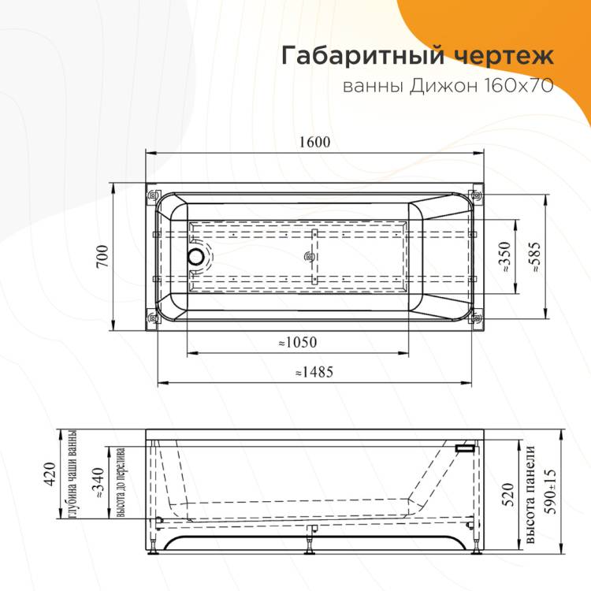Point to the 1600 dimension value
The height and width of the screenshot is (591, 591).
pyautogui.click(x=314, y=142)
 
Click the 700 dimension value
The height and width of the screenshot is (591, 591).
pyautogui.click(x=102, y=256)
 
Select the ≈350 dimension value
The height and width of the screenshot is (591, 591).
pyautogui.click(x=504, y=257)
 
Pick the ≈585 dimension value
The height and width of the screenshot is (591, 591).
pyautogui.click(x=535, y=258)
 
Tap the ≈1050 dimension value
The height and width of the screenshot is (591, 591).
pyautogui.click(x=298, y=342)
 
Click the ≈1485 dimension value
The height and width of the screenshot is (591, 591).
pyautogui.click(x=314, y=372)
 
